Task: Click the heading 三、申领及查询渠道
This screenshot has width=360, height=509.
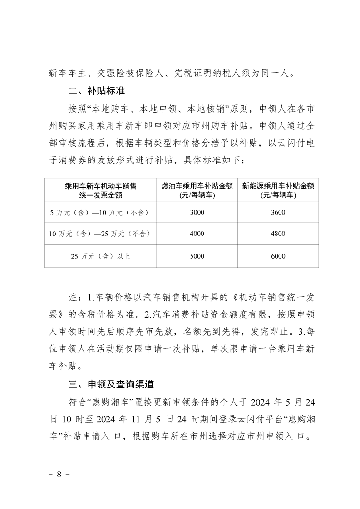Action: [x=111, y=385]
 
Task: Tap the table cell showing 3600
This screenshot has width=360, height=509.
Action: [x=278, y=212]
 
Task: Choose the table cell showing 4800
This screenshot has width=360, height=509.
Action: [x=278, y=234]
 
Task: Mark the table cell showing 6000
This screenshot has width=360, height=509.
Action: [x=278, y=256]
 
